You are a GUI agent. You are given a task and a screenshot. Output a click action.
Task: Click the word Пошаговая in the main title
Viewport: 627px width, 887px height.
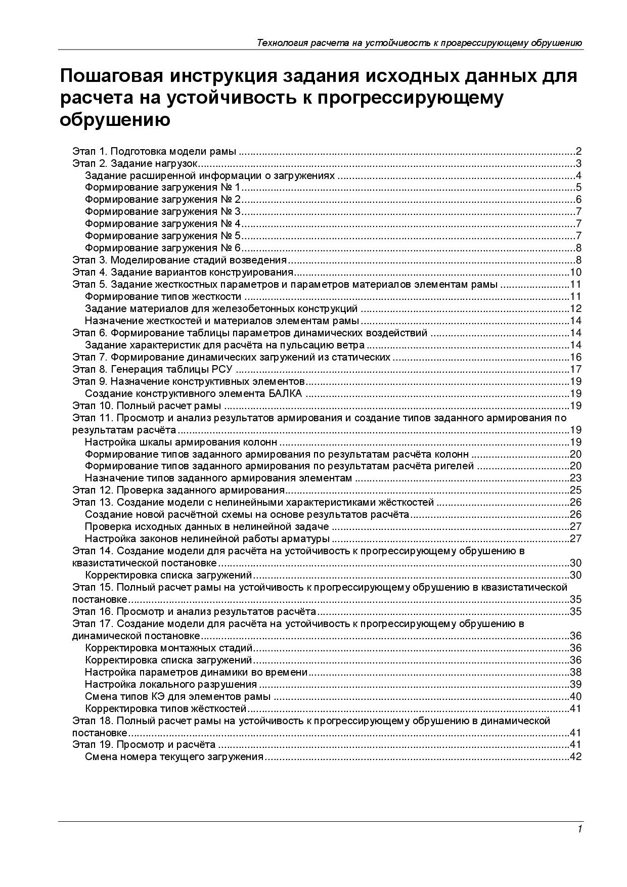(x=110, y=77)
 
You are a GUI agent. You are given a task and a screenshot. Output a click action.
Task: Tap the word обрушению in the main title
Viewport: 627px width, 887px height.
(x=115, y=120)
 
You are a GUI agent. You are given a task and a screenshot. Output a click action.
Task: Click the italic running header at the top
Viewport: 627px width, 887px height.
(x=420, y=43)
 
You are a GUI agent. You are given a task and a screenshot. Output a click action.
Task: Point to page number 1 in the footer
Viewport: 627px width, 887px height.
(x=579, y=829)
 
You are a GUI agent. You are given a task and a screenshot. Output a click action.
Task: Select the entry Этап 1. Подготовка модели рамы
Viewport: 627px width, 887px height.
(x=155, y=151)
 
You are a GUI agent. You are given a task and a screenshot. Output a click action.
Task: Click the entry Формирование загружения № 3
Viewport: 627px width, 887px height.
(x=163, y=212)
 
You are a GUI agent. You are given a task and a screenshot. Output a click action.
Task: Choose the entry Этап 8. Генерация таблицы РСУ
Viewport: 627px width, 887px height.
(x=153, y=370)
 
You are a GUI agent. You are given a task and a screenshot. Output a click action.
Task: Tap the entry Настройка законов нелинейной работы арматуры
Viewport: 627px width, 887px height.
(x=207, y=539)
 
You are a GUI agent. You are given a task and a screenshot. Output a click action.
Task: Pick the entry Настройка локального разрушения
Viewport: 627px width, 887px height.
(x=171, y=685)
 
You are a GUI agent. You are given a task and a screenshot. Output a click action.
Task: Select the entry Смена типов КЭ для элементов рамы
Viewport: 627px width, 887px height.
(x=177, y=697)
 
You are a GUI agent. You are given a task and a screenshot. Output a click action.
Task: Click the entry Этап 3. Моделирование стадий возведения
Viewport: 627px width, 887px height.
(x=180, y=260)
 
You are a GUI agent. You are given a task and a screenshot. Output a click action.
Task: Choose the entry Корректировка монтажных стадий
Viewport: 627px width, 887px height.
(x=169, y=648)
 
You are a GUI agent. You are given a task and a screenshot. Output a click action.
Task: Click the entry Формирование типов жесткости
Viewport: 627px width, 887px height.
(x=163, y=297)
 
